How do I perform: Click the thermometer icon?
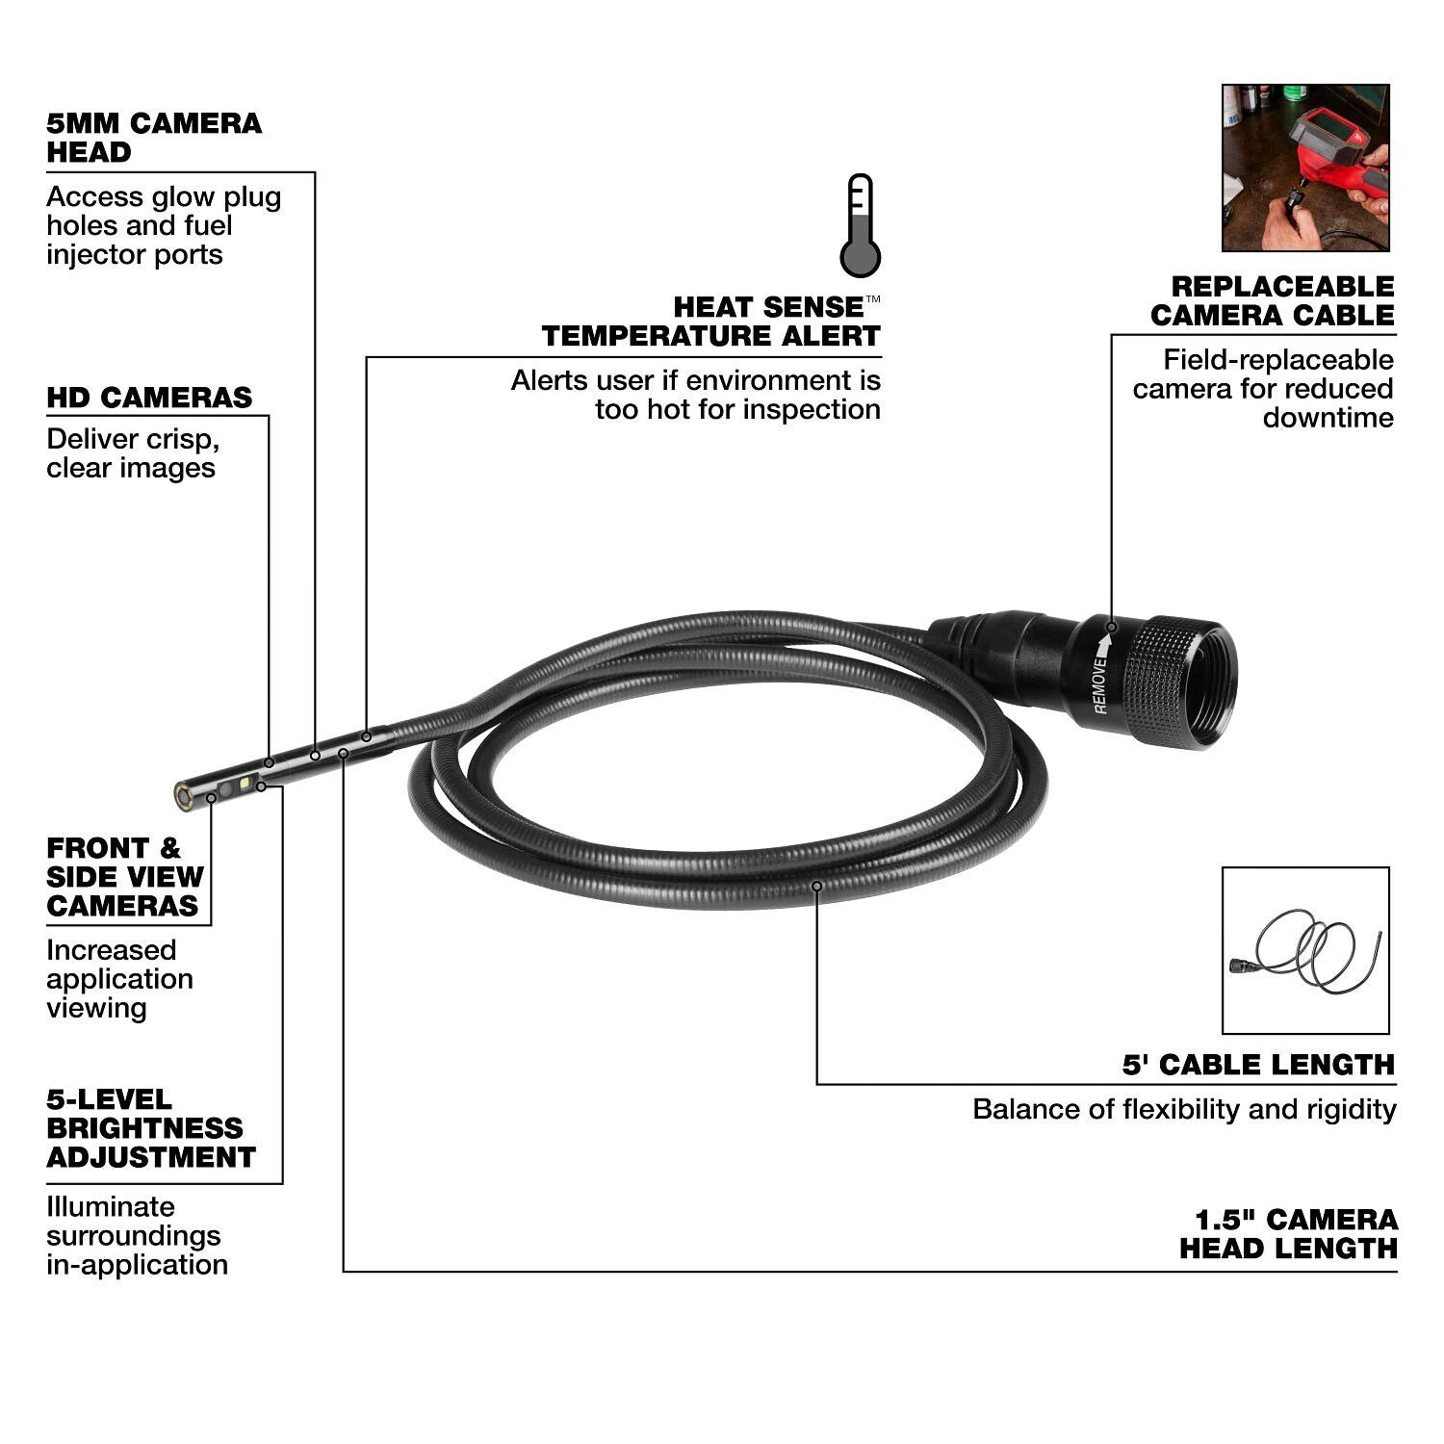click(860, 226)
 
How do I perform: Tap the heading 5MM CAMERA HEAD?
click(154, 138)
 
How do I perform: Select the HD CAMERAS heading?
click(149, 398)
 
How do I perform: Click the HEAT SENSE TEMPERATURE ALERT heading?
click(710, 322)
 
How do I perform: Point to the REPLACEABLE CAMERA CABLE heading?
click(1272, 301)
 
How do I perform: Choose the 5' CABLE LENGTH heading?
click(1258, 1065)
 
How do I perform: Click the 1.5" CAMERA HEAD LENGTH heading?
click(1288, 1234)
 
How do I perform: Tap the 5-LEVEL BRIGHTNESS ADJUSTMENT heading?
click(151, 1128)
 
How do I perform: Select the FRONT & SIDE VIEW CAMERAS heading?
click(125, 877)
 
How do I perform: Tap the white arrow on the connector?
click(1107, 637)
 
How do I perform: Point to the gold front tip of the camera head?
click(181, 795)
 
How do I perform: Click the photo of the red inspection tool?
click(1305, 168)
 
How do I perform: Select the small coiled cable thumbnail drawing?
click(1305, 950)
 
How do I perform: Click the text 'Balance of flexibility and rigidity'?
click(1184, 1109)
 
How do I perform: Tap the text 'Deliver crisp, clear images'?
click(132, 453)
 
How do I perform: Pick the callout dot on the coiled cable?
click(816, 886)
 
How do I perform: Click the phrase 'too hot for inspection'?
click(737, 409)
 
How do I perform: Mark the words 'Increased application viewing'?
click(119, 979)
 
